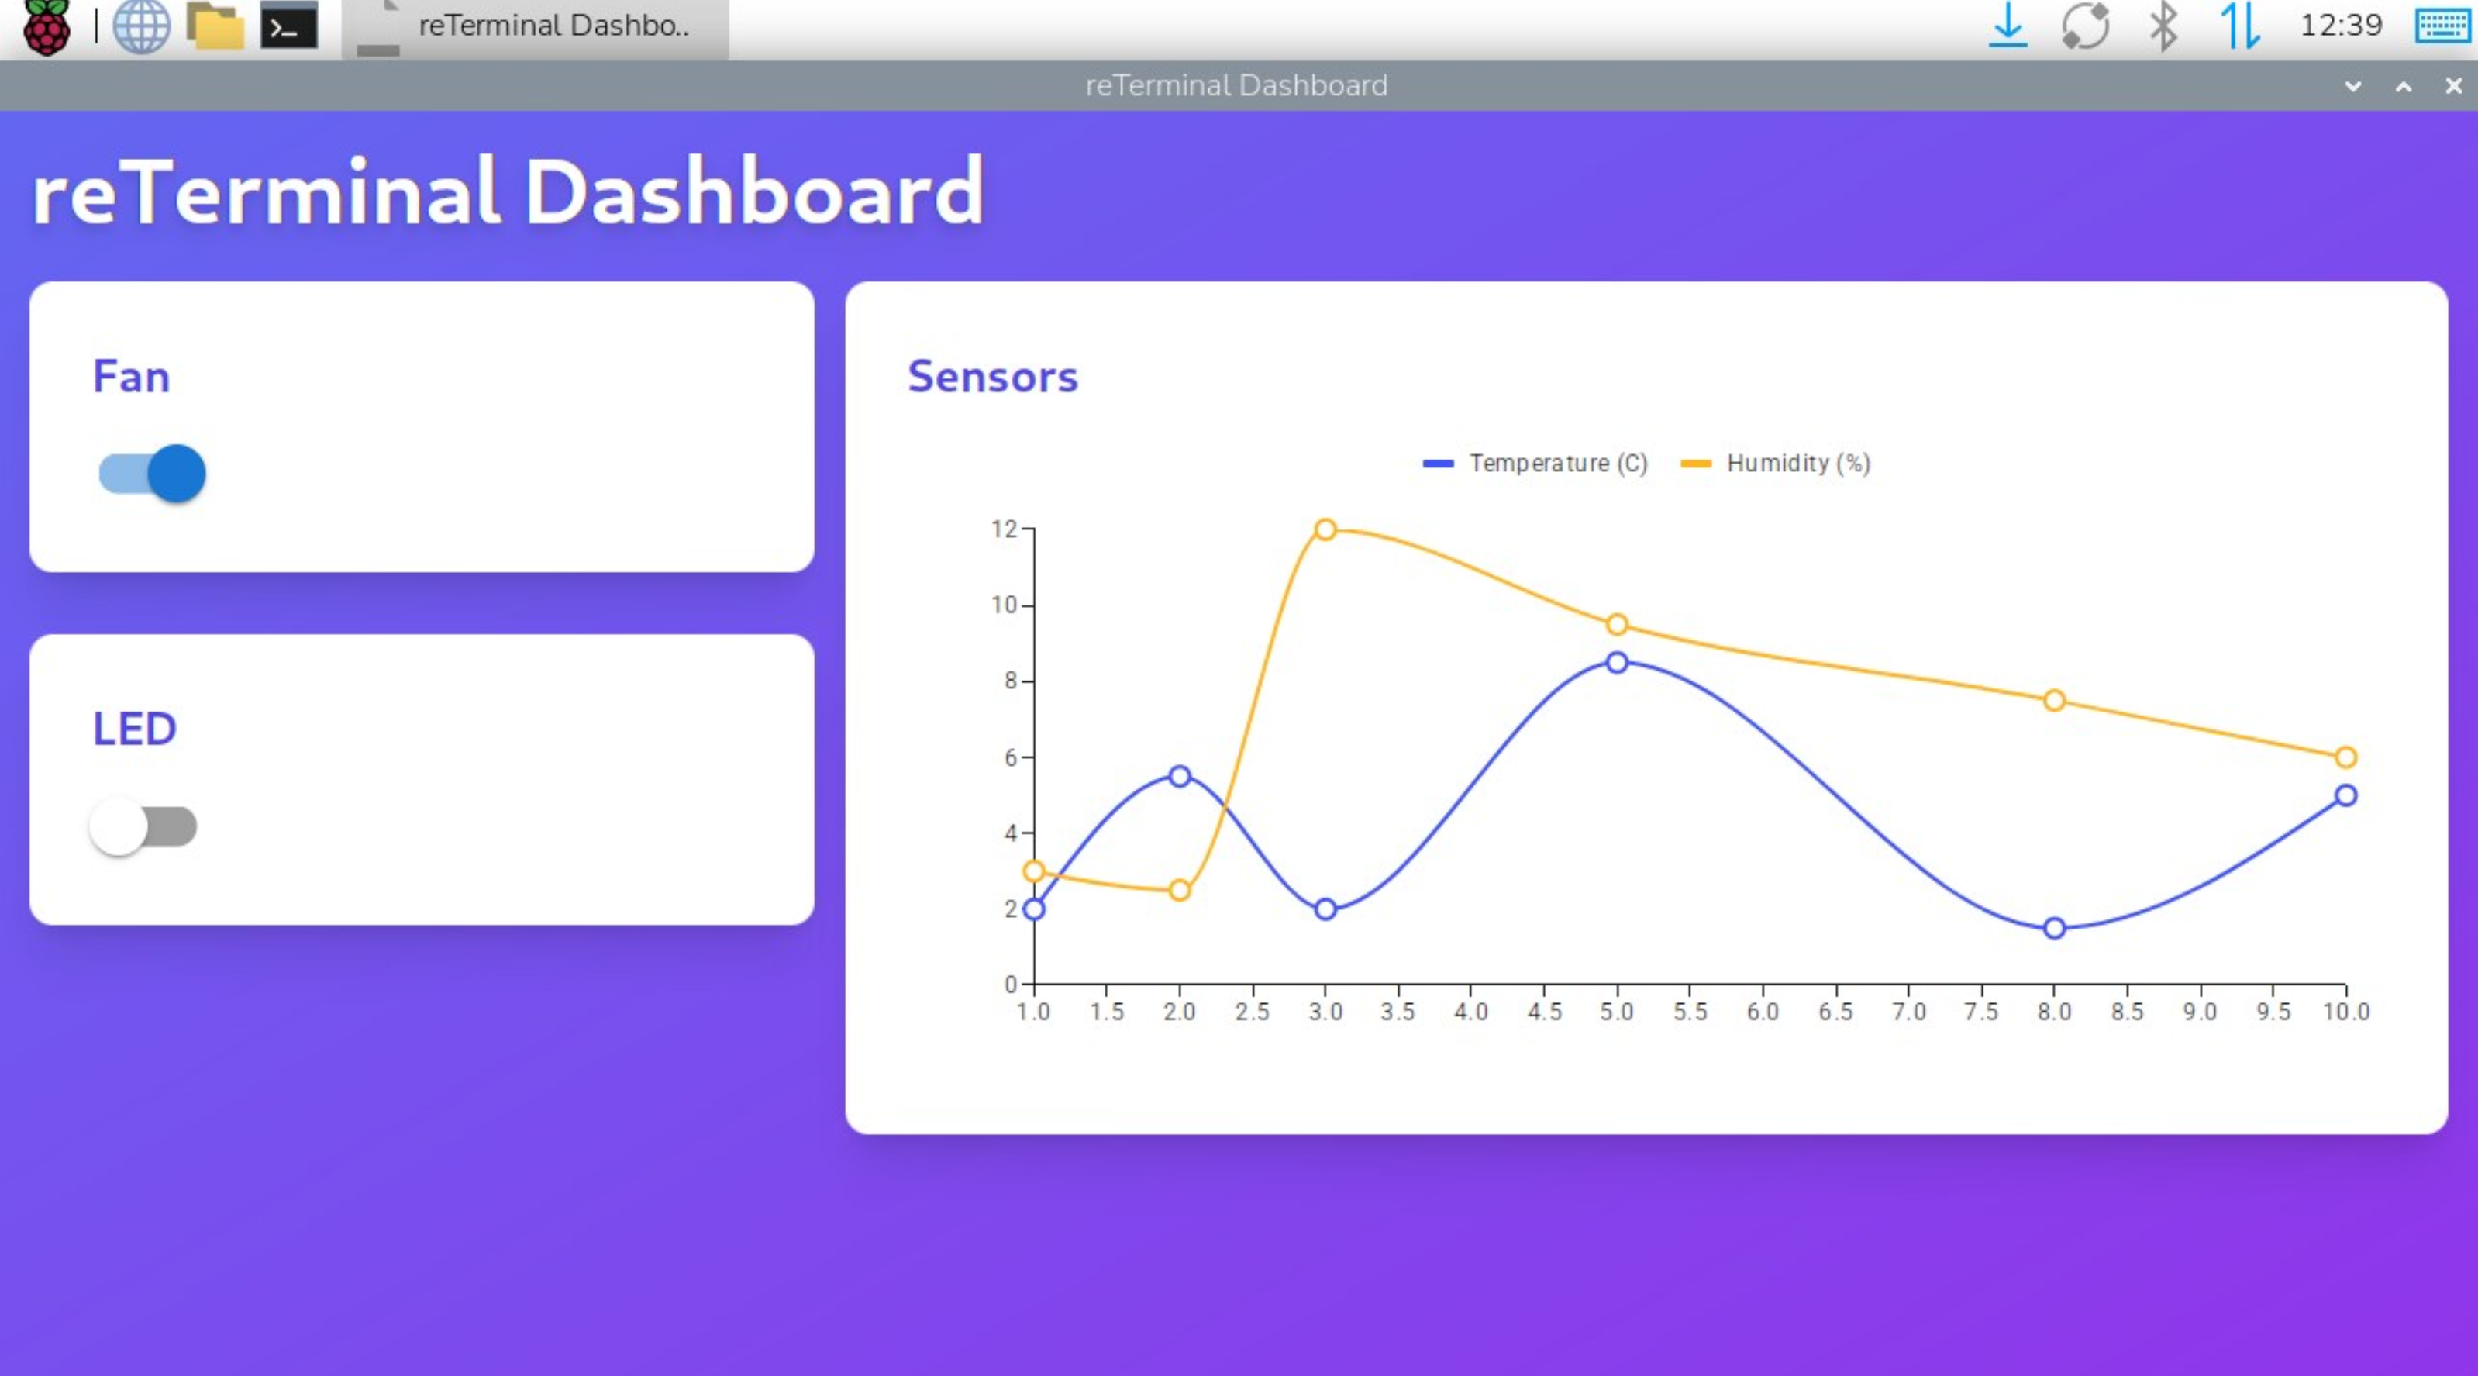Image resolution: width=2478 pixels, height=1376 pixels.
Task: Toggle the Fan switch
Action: tap(153, 474)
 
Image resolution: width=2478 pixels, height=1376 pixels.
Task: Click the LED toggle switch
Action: tap(143, 826)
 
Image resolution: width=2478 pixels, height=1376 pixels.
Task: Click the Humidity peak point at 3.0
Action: tap(1325, 529)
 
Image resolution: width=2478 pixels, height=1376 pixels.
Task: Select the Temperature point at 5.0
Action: tap(1617, 662)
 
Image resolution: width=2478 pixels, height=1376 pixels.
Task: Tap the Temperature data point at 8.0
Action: tap(2054, 929)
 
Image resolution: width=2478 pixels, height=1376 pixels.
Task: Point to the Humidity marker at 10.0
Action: tap(2345, 757)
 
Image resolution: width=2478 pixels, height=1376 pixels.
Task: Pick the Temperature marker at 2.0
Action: tap(1180, 775)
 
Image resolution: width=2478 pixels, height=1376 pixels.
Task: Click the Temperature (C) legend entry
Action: tap(1536, 464)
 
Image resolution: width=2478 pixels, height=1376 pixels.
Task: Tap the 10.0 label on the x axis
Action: tap(2345, 1012)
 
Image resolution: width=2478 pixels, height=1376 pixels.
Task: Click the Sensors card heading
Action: tap(993, 376)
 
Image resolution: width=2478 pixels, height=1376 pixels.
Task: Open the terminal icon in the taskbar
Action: tap(288, 26)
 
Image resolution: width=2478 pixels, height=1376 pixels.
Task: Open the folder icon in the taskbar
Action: tap(215, 26)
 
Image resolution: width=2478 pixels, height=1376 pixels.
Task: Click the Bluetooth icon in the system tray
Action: tap(2163, 26)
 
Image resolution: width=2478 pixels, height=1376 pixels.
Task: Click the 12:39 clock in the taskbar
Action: tap(2341, 25)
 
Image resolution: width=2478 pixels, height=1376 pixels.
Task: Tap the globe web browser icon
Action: tap(141, 26)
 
